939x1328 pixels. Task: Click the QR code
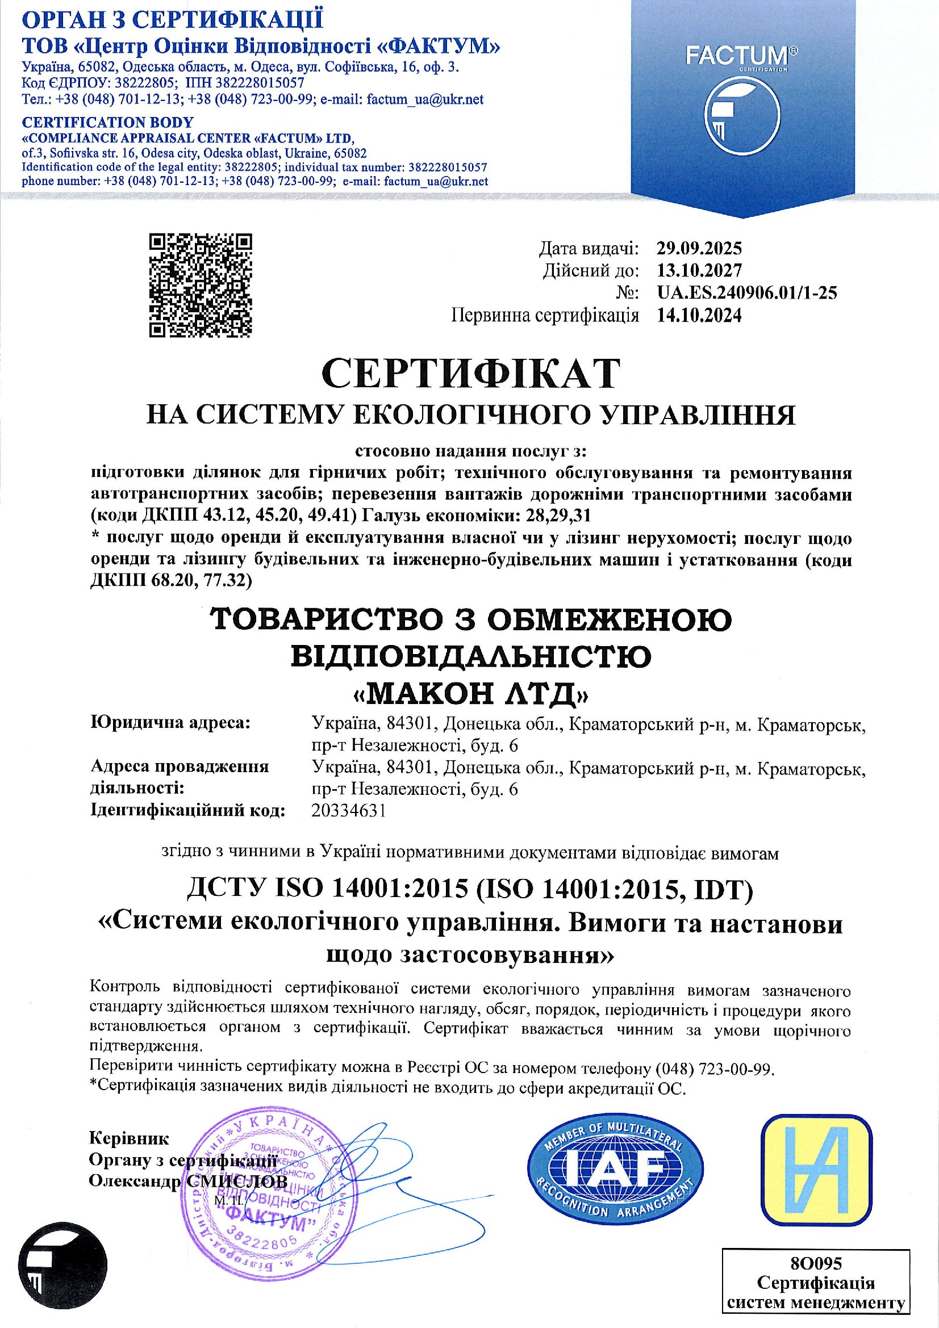201,284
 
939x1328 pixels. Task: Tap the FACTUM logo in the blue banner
742,104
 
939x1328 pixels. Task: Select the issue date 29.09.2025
698,249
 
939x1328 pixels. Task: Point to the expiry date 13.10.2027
698,271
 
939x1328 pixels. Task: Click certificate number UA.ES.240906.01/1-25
746,292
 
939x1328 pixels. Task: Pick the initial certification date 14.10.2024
698,315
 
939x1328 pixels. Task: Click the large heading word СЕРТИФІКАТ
470,374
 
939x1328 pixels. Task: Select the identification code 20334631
348,811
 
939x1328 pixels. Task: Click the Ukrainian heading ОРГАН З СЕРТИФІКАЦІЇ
173,20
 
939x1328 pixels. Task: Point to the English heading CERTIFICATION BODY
107,123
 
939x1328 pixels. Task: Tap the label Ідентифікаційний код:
189,811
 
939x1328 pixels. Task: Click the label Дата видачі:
589,249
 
